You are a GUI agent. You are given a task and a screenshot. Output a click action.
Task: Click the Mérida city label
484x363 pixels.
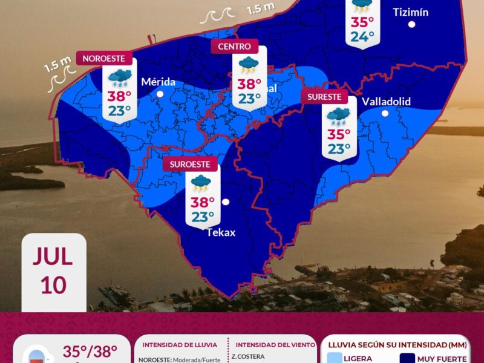tap(158, 82)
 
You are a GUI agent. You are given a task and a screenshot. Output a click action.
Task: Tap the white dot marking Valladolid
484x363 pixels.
tap(385, 113)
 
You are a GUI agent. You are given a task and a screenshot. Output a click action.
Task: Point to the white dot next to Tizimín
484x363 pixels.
tap(411, 24)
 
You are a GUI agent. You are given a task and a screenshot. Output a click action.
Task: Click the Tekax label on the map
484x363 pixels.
tap(221, 232)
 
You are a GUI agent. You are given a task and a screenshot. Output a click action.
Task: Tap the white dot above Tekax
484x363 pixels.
tap(226, 202)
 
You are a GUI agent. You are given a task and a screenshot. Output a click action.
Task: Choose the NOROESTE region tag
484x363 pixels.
tap(103, 59)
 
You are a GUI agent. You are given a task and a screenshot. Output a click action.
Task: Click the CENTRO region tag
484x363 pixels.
tap(234, 46)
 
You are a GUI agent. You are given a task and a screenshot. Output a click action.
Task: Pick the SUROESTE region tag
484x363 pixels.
tap(190, 164)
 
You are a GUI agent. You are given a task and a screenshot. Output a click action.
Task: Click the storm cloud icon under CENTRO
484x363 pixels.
tap(249, 65)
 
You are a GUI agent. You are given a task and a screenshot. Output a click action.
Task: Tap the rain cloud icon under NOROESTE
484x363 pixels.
tap(119, 77)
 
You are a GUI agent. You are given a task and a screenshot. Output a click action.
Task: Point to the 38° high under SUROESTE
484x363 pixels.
tap(203, 202)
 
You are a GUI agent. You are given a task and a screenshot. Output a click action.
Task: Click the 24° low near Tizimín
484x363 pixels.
tap(362, 37)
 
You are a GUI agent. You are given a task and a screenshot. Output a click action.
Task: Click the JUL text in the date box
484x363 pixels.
tap(53, 257)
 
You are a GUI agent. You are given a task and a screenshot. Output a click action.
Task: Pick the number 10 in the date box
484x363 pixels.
tap(53, 284)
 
